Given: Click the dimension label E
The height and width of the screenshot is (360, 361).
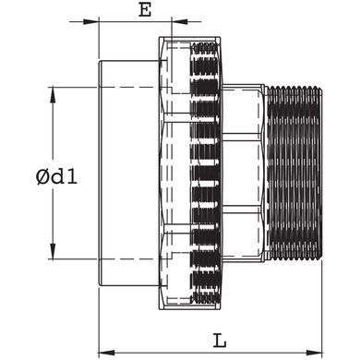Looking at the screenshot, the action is [145, 10].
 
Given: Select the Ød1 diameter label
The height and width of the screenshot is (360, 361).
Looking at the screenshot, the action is [56, 177].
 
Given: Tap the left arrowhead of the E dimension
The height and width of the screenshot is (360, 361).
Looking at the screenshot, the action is [90, 22].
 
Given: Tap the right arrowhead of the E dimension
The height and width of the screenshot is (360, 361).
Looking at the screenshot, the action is [179, 22].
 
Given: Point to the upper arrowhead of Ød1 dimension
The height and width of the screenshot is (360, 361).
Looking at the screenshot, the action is [53, 95].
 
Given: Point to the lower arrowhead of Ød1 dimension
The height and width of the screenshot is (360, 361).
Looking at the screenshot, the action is [53, 251].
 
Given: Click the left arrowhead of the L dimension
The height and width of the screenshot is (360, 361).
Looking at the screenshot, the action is [106, 352].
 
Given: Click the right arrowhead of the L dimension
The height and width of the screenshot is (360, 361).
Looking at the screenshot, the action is [314, 352].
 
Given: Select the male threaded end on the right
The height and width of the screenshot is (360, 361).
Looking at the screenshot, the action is [294, 174].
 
